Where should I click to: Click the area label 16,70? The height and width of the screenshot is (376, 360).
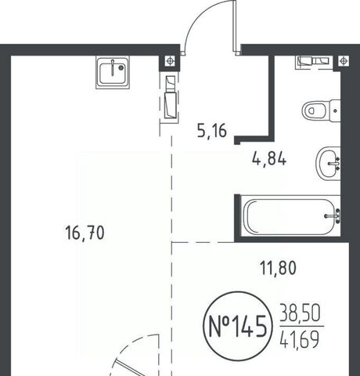click(85, 233)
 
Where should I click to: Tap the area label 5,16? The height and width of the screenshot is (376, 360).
click(212, 131)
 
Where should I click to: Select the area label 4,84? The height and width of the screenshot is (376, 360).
click(269, 159)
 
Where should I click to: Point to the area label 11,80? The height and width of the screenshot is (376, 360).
click(279, 268)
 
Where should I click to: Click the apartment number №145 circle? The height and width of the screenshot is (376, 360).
click(238, 326)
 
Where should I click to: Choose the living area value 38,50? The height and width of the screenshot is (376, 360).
click(300, 313)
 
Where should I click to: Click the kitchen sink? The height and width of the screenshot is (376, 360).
click(113, 73)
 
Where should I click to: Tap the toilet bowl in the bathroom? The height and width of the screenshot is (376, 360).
click(315, 110)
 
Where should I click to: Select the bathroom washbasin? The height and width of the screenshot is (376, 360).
click(328, 164)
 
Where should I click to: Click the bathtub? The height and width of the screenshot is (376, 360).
click(290, 217)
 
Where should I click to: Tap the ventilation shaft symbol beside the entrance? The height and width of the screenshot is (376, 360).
click(170, 61)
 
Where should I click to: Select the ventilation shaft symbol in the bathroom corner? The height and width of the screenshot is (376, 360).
click(344, 62)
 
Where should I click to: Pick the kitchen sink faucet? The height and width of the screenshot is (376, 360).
click(113, 68)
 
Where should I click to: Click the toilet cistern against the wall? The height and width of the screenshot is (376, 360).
click(336, 110)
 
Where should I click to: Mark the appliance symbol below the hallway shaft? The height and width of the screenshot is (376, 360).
click(171, 97)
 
